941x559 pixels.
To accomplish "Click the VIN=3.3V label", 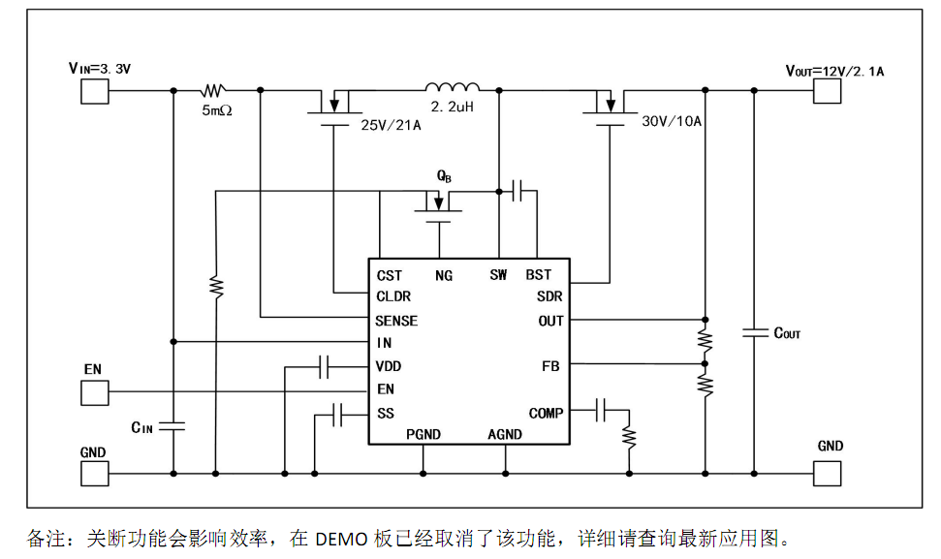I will (99, 68).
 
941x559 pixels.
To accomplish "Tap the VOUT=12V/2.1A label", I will (834, 71).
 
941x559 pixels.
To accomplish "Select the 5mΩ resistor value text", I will (218, 111).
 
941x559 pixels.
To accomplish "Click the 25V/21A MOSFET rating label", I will (391, 125).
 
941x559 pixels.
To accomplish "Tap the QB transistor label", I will (444, 177).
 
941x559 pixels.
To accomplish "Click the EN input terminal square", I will (94, 391).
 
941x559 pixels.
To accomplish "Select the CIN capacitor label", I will (142, 427).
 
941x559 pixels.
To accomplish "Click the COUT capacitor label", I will (787, 333).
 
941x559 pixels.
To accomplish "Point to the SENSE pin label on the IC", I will (397, 321).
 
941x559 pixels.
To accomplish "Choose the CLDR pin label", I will (393, 297).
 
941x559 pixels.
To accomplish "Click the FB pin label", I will (550, 366).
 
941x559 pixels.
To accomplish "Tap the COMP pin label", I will (546, 413).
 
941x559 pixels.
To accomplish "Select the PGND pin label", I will (423, 434).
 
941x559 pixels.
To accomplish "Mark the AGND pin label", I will (504, 434).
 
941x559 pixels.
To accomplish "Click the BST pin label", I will (538, 275).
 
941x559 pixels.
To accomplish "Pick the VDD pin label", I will (389, 366).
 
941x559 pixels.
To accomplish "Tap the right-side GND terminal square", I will (828, 473).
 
